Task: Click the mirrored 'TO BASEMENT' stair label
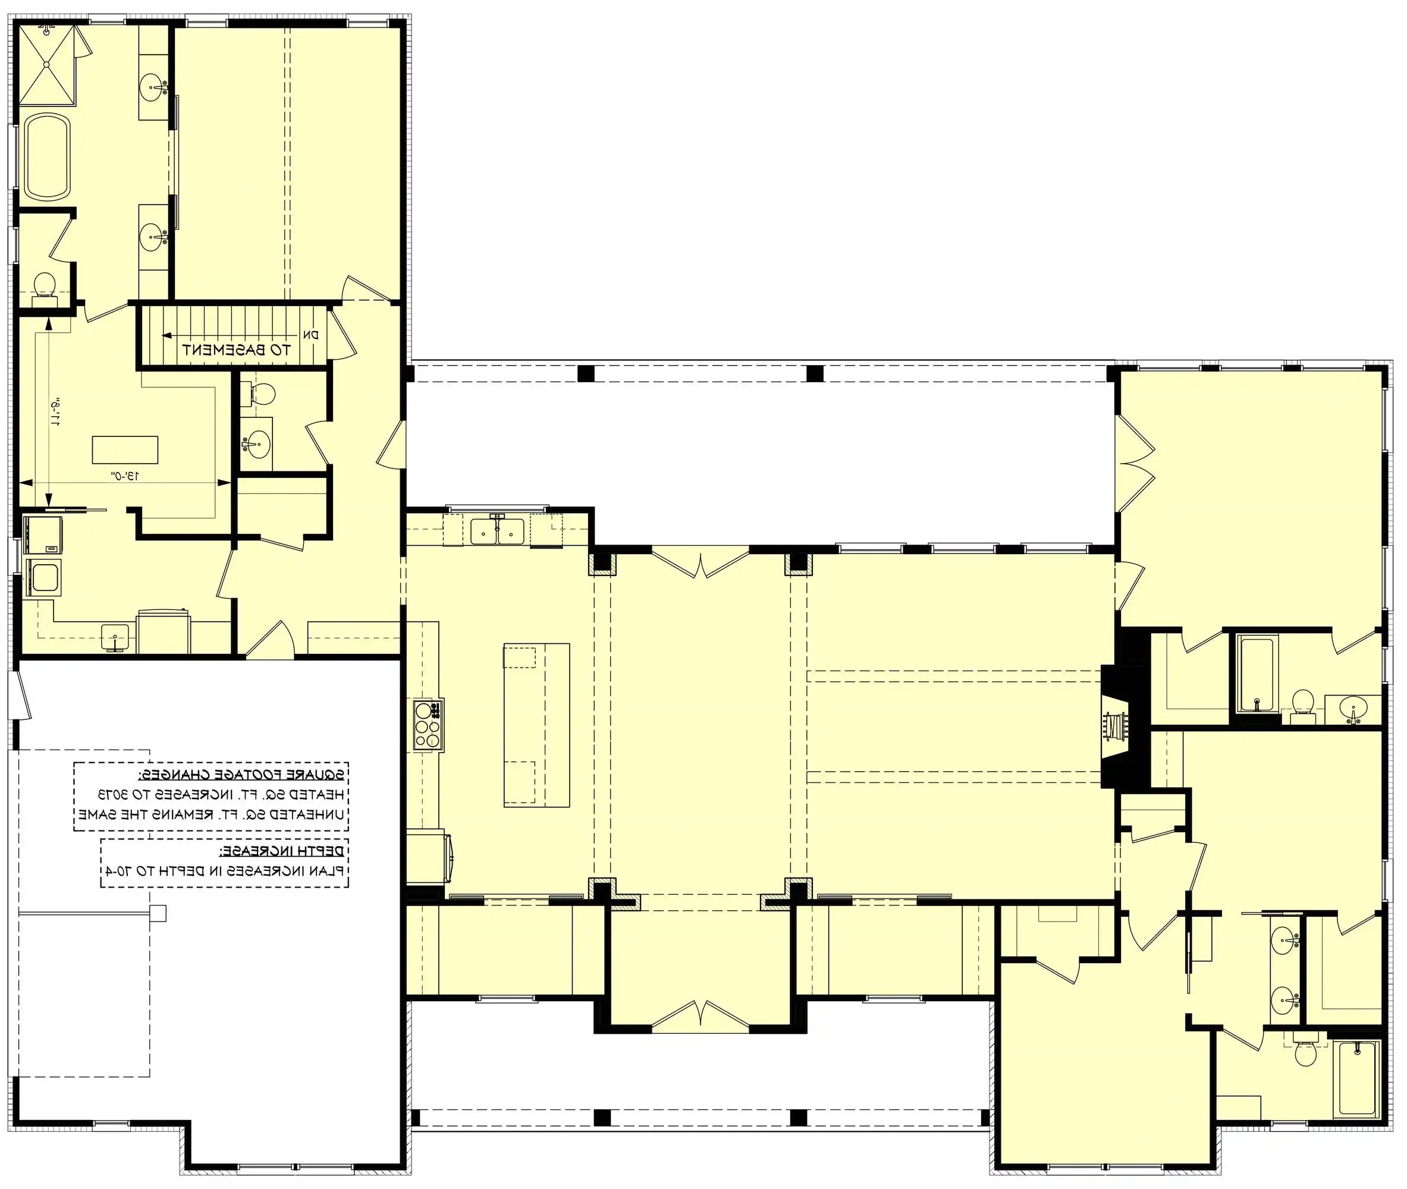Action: tap(237, 350)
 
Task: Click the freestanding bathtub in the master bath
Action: tap(47, 156)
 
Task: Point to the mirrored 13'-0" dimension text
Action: tap(125, 475)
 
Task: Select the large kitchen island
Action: tap(536, 725)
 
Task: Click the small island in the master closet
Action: tap(125, 449)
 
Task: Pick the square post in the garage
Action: tap(158, 913)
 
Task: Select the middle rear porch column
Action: tap(815, 373)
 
